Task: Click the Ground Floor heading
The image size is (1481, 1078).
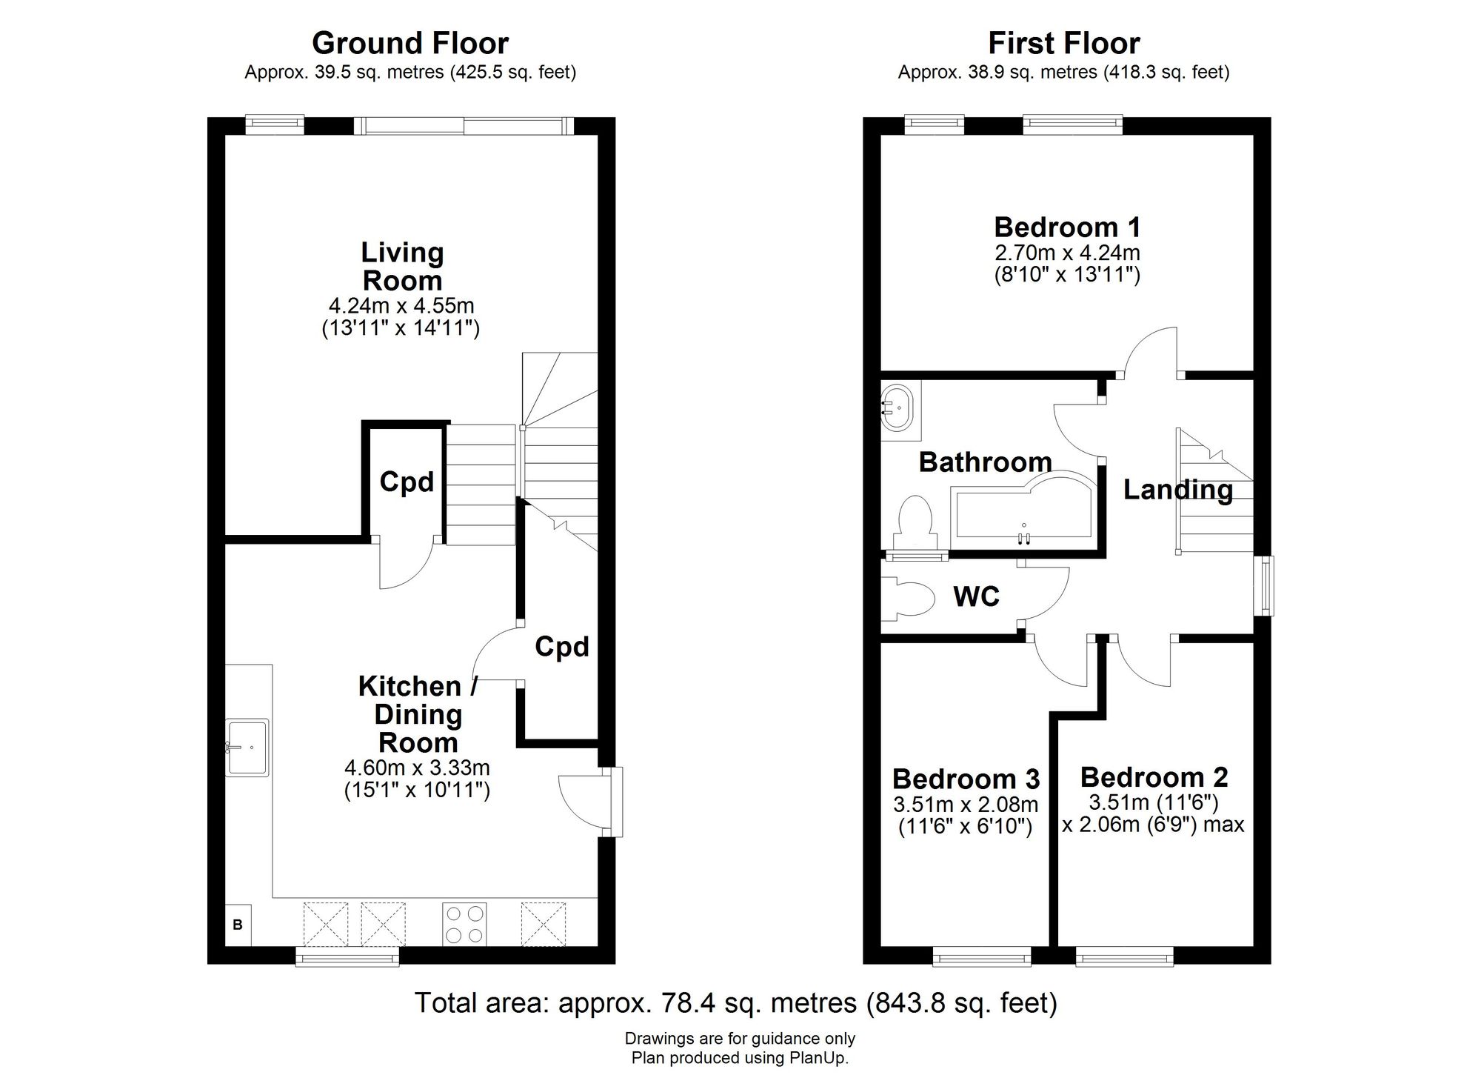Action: point(409,43)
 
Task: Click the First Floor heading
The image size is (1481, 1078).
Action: point(1063,43)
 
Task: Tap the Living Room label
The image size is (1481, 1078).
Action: point(401,267)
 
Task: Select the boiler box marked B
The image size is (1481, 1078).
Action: point(238,925)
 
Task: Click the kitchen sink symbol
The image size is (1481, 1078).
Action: point(247,747)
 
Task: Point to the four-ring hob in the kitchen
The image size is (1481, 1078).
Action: point(464,923)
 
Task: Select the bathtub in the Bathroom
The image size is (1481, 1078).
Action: point(1022,511)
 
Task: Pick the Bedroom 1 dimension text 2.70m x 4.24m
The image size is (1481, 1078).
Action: point(1066,253)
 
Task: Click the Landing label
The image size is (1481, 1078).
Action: point(1177,490)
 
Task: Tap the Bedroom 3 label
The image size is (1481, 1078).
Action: point(966,779)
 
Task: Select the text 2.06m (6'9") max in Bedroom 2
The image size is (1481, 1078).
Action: point(1153,824)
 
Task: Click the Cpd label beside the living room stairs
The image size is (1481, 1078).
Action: point(407,482)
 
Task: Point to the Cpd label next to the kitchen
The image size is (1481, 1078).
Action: point(562,647)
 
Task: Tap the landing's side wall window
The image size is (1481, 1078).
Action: point(1265,585)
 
